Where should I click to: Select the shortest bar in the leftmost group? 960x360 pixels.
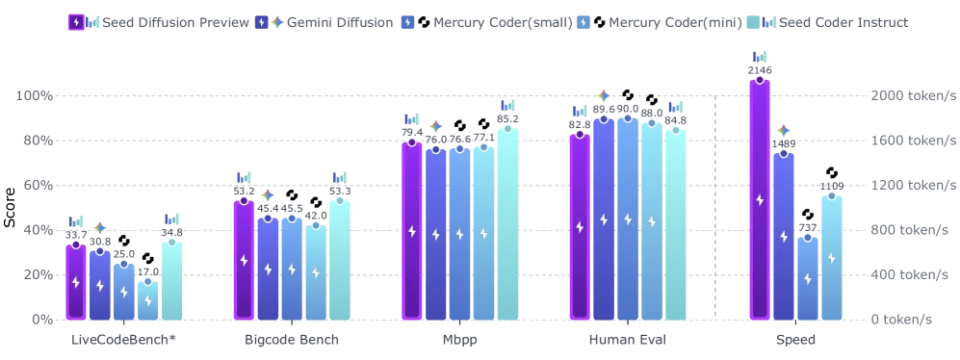tap(147, 298)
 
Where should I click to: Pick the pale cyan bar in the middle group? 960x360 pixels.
tap(507, 221)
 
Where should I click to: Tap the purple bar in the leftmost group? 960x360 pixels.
tap(76, 279)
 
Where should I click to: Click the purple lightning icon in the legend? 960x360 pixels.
tap(76, 22)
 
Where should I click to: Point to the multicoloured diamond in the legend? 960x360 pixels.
tap(276, 22)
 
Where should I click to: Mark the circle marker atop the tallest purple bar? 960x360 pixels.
tap(760, 80)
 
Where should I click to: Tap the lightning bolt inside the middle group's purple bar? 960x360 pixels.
tap(412, 231)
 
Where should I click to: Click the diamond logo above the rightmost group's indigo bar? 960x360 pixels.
tap(785, 132)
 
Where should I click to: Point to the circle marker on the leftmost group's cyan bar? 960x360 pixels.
tap(171, 242)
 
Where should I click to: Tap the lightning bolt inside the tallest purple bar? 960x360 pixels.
tap(760, 199)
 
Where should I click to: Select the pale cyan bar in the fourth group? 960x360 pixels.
tap(676, 222)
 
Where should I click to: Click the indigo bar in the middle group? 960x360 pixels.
tap(436, 232)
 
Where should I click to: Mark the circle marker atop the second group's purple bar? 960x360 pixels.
tap(245, 200)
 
